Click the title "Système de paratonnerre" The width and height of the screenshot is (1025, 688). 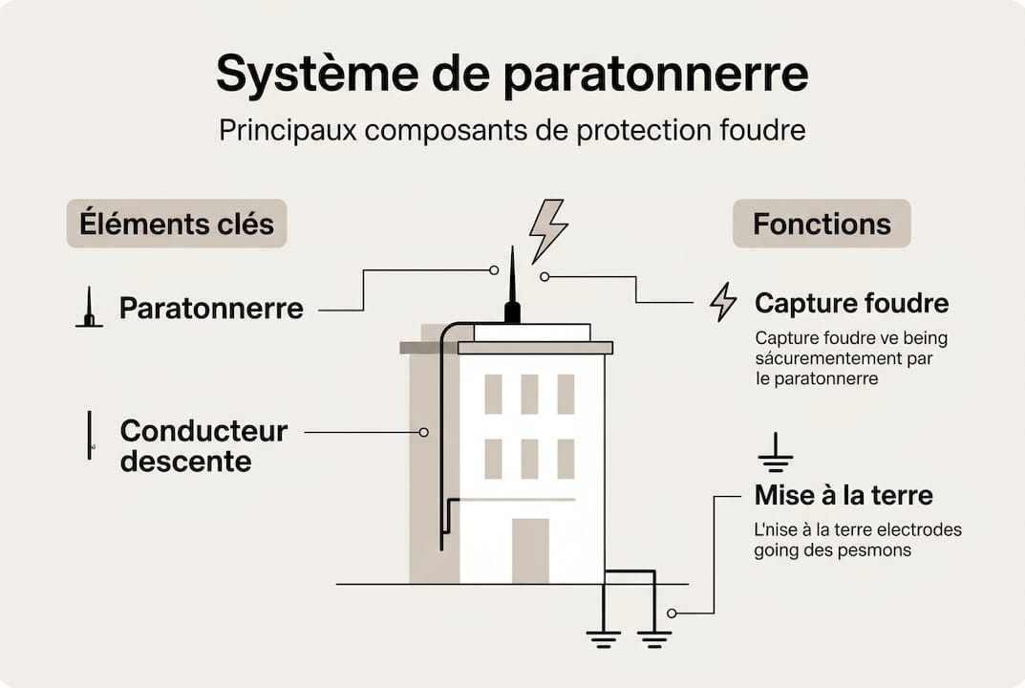[x=512, y=75]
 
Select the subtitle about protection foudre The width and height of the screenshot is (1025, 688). [x=512, y=130]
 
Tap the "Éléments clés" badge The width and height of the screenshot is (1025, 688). [x=177, y=224]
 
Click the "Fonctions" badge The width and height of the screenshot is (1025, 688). [x=822, y=224]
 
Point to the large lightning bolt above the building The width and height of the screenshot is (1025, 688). [x=548, y=229]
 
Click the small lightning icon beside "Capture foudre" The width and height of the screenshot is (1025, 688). [x=723, y=302]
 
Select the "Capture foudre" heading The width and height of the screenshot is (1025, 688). [x=851, y=303]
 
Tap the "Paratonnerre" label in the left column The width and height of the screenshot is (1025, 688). [x=211, y=308]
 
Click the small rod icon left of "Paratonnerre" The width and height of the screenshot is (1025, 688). [x=89, y=308]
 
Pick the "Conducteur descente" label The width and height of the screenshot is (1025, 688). [x=203, y=445]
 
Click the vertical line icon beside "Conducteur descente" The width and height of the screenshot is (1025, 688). [x=90, y=435]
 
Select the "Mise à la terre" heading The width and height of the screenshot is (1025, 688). [x=843, y=495]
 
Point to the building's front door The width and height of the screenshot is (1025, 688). [x=530, y=550]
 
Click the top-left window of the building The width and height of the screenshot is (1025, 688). [x=493, y=394]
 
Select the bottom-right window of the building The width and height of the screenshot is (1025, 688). [x=566, y=459]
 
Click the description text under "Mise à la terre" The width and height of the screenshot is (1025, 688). [x=857, y=540]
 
